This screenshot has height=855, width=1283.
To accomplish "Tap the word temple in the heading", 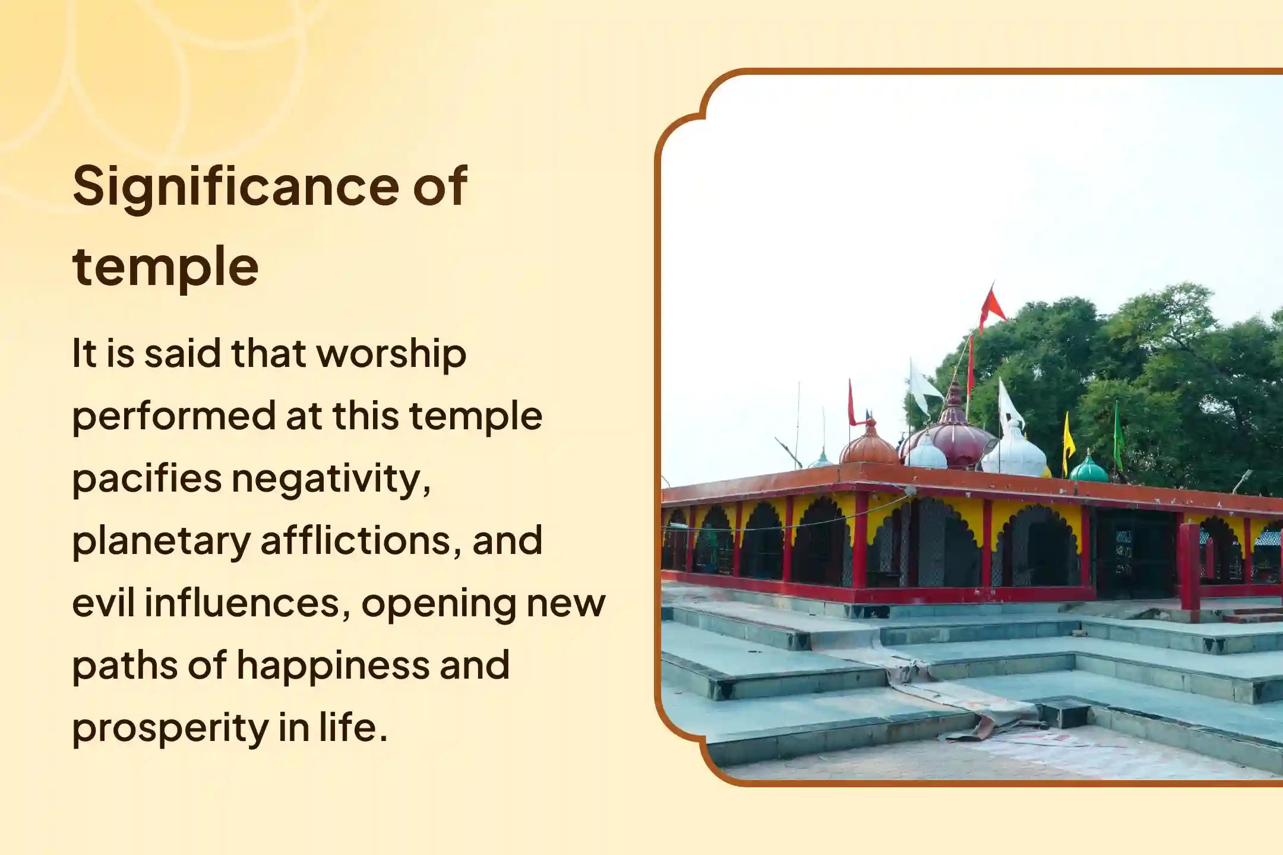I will [x=165, y=267].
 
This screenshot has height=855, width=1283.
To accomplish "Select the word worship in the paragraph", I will [x=391, y=354].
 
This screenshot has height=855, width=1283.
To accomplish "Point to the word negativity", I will [x=330, y=479].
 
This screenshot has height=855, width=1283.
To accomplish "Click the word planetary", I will [x=161, y=541].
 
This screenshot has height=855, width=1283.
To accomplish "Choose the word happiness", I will [x=333, y=665].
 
